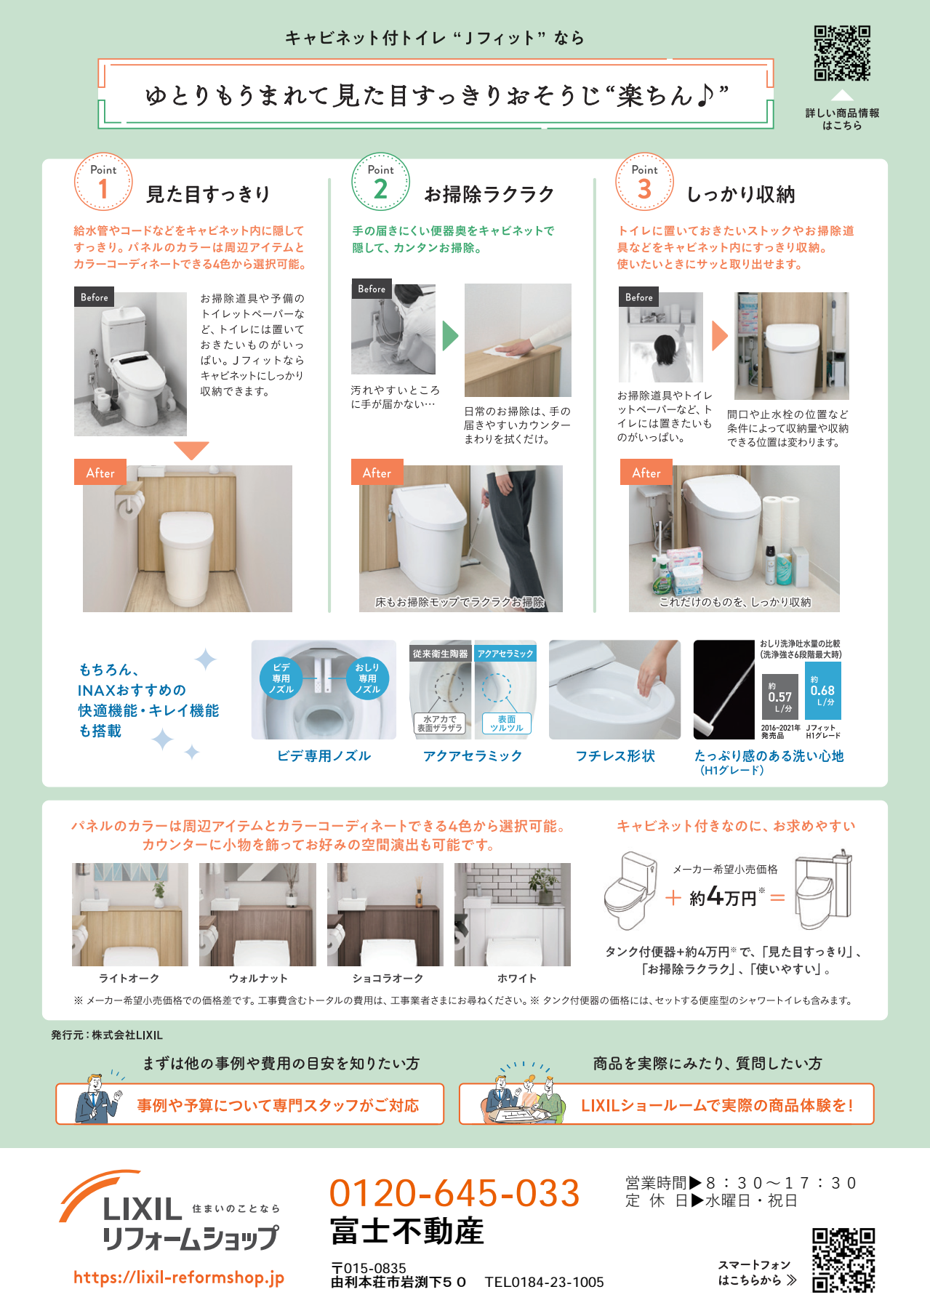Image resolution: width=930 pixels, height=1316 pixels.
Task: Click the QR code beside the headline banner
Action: pos(842,53)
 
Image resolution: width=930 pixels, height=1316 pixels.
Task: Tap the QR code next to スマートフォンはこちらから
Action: pos(843,1260)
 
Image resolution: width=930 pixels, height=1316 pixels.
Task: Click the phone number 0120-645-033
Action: pos(454,1194)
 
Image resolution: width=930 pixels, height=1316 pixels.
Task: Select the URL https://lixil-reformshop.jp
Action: pos(179,1277)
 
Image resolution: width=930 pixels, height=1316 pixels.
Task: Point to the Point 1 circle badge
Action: pos(103,182)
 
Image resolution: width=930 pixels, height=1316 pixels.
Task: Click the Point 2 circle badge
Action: pos(380,182)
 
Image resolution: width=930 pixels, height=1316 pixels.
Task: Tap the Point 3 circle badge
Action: pos(644,182)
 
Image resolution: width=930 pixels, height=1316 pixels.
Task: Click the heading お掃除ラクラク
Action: pos(489,194)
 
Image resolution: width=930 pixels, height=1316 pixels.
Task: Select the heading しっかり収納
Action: pos(741,194)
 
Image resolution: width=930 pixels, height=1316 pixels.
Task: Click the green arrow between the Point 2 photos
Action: pos(450,336)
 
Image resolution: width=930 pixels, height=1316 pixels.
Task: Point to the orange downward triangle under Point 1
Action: pos(192,450)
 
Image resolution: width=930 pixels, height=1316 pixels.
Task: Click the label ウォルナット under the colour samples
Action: pos(258,979)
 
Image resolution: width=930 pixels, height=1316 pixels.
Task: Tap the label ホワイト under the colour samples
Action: pos(517,979)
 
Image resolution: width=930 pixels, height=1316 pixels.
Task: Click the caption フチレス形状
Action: pos(615,756)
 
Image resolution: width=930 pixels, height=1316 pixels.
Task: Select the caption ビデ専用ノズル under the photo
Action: pos(324,756)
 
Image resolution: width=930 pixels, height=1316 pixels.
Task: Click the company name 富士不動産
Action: pos(407,1232)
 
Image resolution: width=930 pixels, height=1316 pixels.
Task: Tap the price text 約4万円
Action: pos(723,896)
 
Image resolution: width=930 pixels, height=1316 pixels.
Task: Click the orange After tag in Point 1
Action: pos(100,473)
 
